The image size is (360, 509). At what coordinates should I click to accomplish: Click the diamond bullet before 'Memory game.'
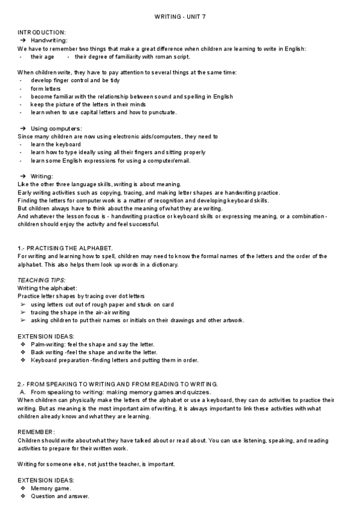pyautogui.click(x=23, y=489)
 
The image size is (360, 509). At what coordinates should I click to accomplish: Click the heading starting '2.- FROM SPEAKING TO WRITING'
pyautogui.click(x=118, y=384)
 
